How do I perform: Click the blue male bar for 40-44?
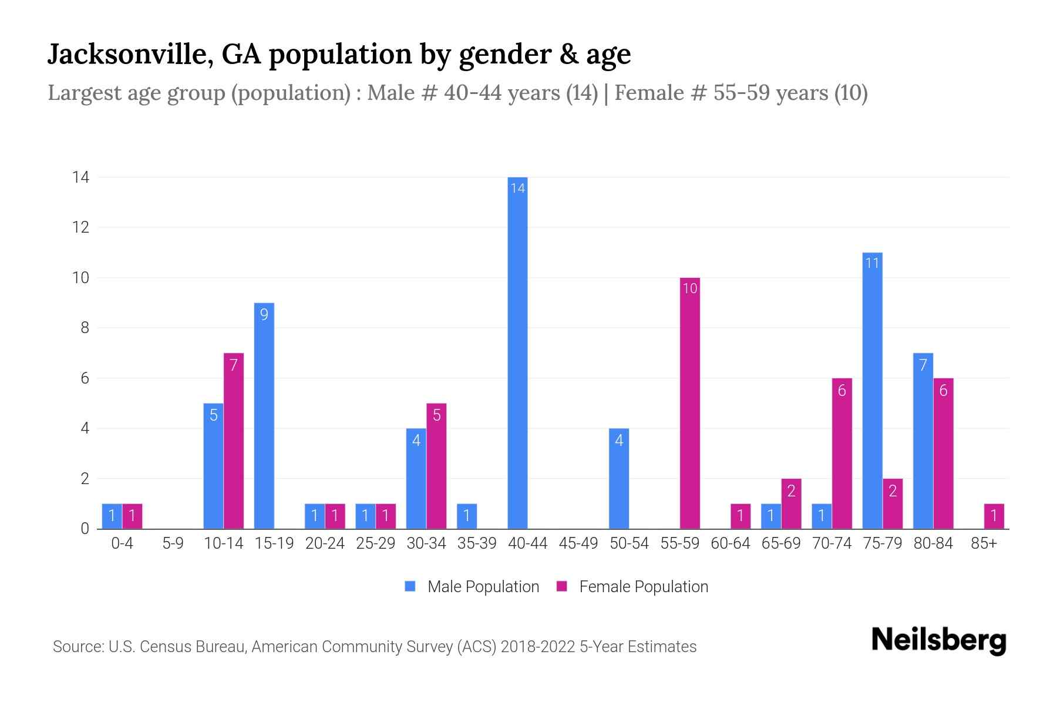pyautogui.click(x=517, y=352)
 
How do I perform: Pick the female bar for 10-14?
pyautogui.click(x=234, y=441)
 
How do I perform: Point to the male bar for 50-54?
pyautogui.click(x=619, y=478)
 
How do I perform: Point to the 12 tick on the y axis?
pyautogui.click(x=81, y=227)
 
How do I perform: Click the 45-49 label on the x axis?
pyautogui.click(x=578, y=543)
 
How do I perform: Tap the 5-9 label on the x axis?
pyautogui.click(x=173, y=543)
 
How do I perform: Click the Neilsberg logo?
pyautogui.click(x=938, y=640)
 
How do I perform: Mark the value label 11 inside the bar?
pyautogui.click(x=872, y=263)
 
